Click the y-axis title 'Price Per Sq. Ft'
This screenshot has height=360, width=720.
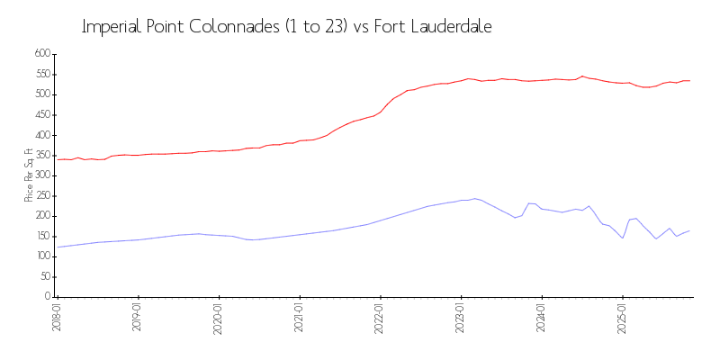coord(29,175)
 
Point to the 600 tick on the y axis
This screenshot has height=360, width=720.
coord(41,54)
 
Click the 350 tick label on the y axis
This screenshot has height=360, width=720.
coord(41,155)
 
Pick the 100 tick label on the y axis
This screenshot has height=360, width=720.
coord(41,256)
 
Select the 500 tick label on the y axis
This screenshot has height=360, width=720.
coord(41,94)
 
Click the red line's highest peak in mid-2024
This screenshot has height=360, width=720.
coord(582,76)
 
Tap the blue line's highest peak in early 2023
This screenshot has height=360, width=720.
coord(474,199)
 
